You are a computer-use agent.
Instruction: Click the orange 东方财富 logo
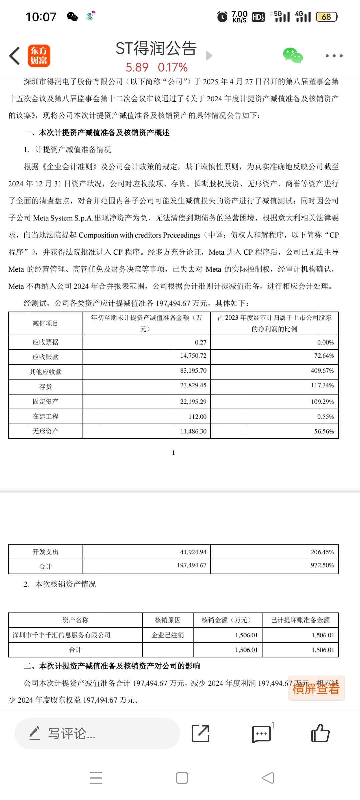pos(39,56)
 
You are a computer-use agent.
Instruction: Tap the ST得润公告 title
pos(156,49)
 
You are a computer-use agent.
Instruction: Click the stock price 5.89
pos(137,68)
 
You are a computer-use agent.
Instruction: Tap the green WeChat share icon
pos(293,56)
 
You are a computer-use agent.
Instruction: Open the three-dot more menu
pos(334,56)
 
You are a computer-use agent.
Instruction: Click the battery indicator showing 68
pos(327,17)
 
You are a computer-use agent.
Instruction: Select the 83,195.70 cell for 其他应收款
pos(193,370)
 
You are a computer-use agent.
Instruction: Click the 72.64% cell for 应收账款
pos(323,356)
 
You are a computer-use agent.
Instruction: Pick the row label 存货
pos(45,387)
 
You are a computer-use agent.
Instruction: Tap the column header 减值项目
pos(45,323)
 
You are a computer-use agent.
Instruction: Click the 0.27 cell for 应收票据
pos(200,342)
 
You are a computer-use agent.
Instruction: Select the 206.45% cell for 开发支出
pos(322,552)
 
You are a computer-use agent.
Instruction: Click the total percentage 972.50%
pos(322,565)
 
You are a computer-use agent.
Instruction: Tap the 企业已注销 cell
pos(168,635)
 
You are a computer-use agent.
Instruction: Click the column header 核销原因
pos(168,620)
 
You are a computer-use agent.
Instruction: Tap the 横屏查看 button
pos(316,689)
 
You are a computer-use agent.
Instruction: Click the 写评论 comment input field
pos(97,733)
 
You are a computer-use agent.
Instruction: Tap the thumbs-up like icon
pos(320,733)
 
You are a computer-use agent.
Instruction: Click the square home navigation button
pos(182,778)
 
